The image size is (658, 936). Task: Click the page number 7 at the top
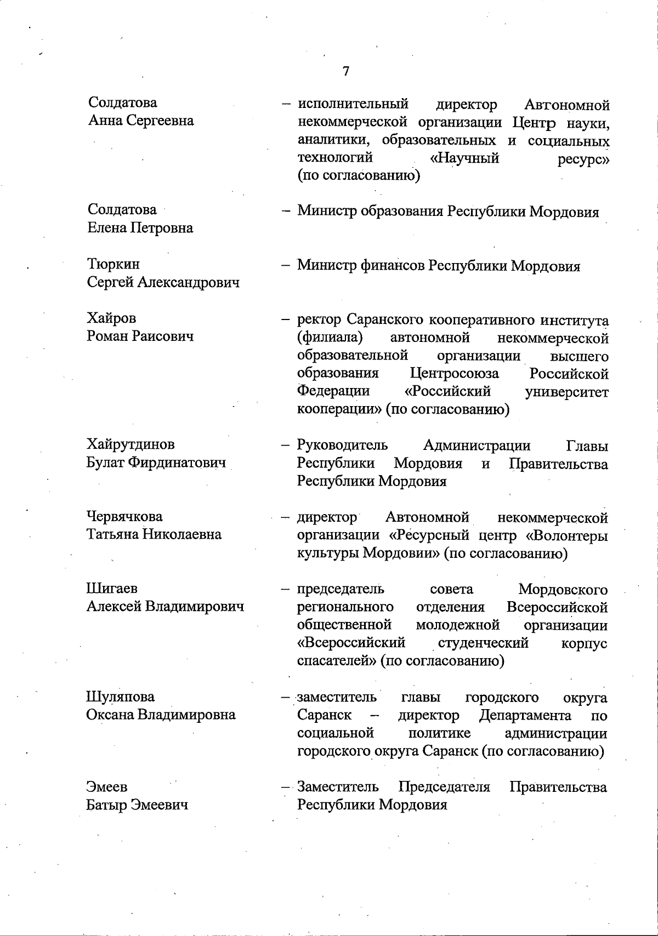[x=345, y=71]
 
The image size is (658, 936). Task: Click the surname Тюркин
[x=114, y=264]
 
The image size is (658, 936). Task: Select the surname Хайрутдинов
[x=131, y=444]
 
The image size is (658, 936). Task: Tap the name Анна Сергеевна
[x=141, y=121]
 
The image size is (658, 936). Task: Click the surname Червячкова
[x=124, y=516]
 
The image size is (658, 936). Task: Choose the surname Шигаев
[x=112, y=589]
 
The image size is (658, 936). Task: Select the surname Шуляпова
[x=120, y=697]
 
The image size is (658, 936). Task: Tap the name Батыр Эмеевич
[x=137, y=805]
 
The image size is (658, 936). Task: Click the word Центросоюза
[x=455, y=374]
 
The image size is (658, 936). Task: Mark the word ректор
[x=319, y=319]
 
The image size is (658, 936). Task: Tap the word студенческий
[x=483, y=643]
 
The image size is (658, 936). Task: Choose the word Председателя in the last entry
[x=444, y=787]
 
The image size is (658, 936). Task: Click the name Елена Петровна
[x=140, y=228]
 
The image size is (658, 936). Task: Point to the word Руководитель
[x=342, y=446]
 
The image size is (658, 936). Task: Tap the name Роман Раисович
[x=140, y=336]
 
